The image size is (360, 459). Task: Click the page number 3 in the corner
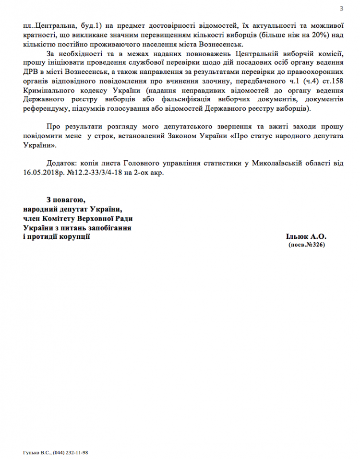coord(341,8)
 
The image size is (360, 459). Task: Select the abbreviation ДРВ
coord(31,71)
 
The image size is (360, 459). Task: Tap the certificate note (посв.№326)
coord(306,245)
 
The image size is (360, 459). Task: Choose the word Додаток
coord(64,163)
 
